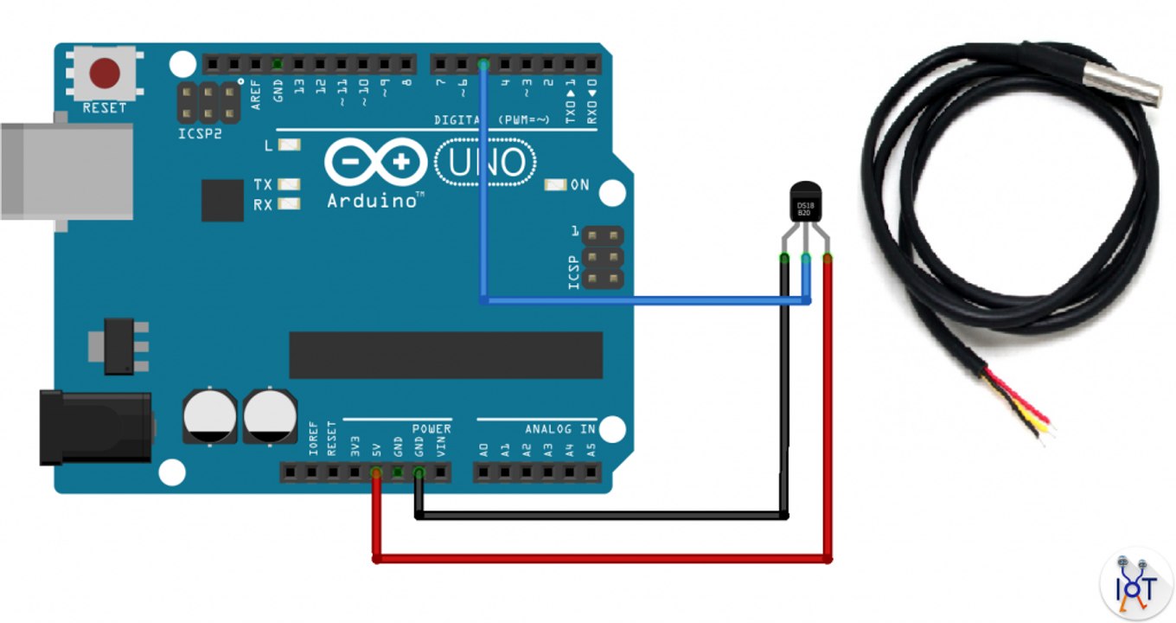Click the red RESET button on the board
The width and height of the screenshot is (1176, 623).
[x=105, y=74]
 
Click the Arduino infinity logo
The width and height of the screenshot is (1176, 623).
[x=376, y=163]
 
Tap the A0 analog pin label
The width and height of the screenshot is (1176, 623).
[x=484, y=450]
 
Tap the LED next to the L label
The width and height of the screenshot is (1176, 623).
[x=290, y=146]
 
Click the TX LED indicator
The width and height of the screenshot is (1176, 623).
[x=290, y=184]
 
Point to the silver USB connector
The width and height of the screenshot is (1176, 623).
[x=65, y=171]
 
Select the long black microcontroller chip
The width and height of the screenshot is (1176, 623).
[x=445, y=355]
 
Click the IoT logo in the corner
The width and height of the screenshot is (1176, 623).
[x=1134, y=585]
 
